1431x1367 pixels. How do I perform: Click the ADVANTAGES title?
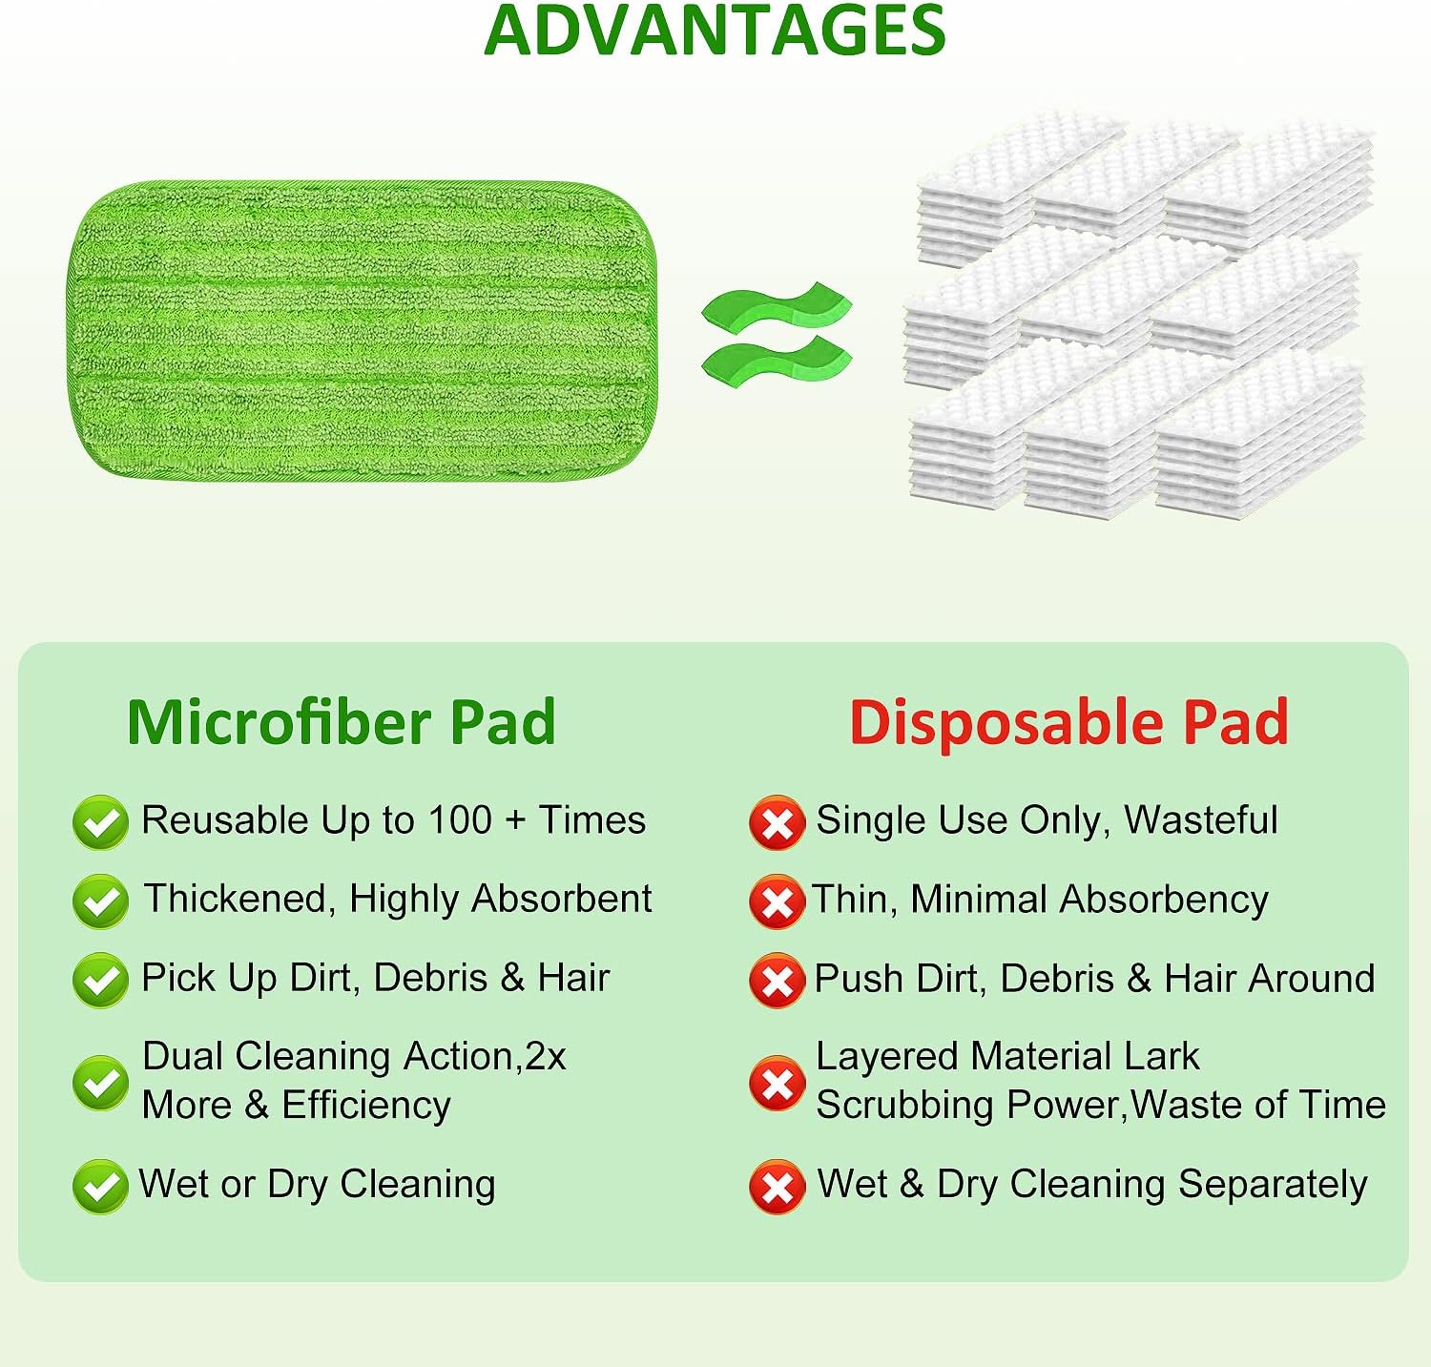pyautogui.click(x=715, y=31)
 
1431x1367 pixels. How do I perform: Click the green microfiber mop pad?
pyautogui.click(x=363, y=331)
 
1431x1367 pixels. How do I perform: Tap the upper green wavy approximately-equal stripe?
pyautogui.click(x=777, y=304)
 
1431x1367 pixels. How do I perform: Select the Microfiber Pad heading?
pyautogui.click(x=342, y=722)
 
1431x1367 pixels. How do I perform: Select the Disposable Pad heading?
pyautogui.click(x=1068, y=722)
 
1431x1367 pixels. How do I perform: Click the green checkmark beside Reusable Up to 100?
pyautogui.click(x=100, y=822)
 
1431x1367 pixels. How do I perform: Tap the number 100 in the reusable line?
pyautogui.click(x=460, y=820)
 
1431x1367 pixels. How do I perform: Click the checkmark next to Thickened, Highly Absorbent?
pyautogui.click(x=100, y=901)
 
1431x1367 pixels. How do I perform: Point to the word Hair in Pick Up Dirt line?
pyautogui.click(x=573, y=978)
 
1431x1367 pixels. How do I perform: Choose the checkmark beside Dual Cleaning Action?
pyautogui.click(x=100, y=1083)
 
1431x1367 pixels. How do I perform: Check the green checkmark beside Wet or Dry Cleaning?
pyautogui.click(x=100, y=1187)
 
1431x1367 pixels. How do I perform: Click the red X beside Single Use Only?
pyautogui.click(x=778, y=822)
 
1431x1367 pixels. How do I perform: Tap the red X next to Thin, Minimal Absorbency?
pyautogui.click(x=778, y=901)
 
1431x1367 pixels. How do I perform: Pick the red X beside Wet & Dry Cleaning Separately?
pyautogui.click(x=778, y=1187)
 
